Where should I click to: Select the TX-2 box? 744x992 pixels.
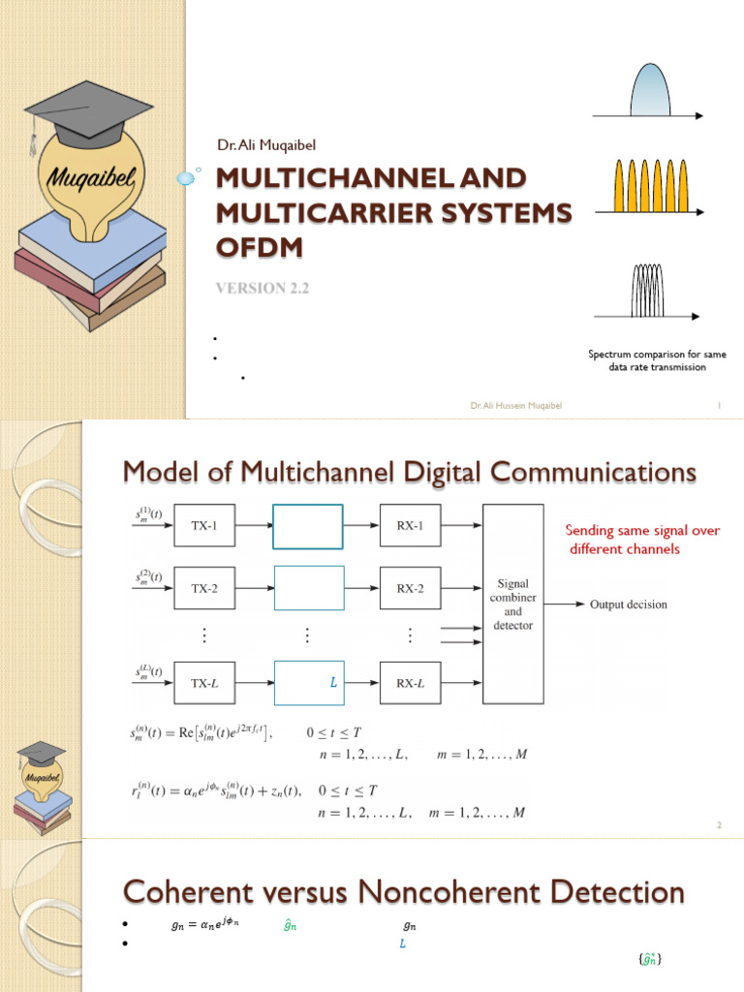tap(204, 588)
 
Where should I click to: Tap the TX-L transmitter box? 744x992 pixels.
tap(204, 683)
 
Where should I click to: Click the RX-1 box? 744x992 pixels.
tap(410, 527)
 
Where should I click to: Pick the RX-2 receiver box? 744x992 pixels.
tap(410, 588)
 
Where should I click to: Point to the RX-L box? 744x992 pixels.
tap(410, 683)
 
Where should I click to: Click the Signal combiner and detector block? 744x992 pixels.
tap(512, 604)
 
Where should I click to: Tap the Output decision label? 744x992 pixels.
tap(629, 604)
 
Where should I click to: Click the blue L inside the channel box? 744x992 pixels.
tap(333, 683)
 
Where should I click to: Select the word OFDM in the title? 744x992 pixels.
tap(258, 247)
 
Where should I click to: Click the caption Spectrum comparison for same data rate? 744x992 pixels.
tap(657, 360)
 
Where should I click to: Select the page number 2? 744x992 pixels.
tap(720, 824)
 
